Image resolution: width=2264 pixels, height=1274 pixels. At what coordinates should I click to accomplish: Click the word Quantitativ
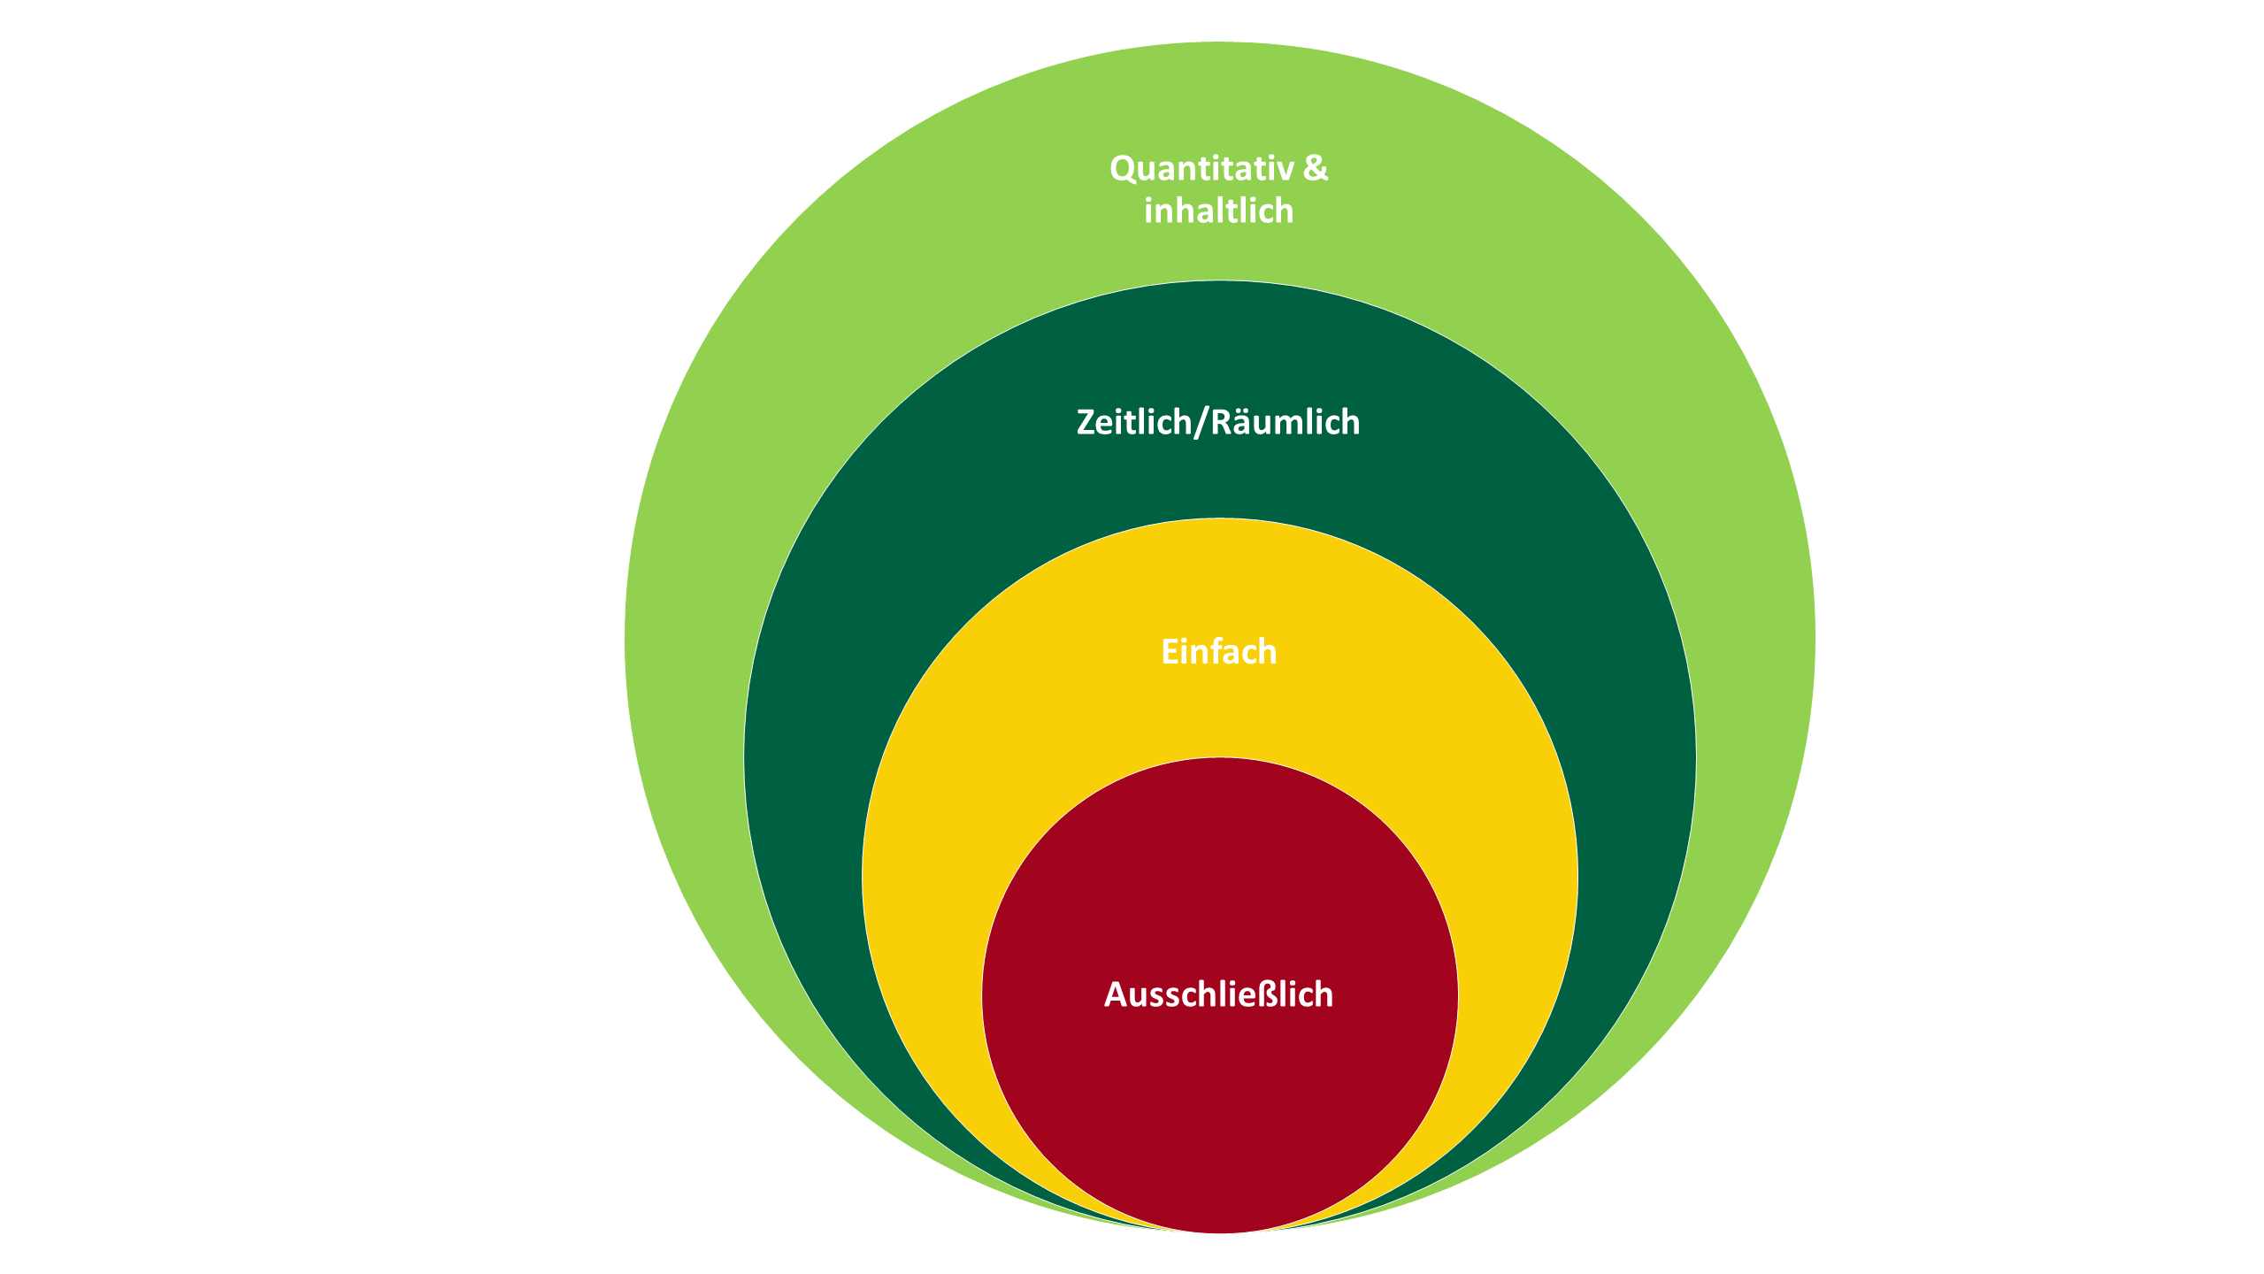[1201, 168]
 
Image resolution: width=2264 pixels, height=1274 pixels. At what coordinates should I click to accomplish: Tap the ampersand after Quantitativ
[1316, 168]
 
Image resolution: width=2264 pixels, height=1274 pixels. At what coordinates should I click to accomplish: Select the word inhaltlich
[1218, 211]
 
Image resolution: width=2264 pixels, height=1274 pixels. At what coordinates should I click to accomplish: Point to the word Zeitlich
[1133, 423]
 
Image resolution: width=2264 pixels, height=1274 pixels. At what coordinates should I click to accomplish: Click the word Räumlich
[1285, 423]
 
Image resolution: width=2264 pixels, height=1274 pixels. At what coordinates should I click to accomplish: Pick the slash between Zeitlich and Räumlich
[1201, 423]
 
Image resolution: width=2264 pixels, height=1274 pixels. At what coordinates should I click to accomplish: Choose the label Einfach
[1218, 652]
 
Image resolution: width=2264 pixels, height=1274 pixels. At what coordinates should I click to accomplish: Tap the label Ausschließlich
[1218, 994]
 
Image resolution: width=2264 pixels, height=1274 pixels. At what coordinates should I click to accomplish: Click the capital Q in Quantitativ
[1123, 169]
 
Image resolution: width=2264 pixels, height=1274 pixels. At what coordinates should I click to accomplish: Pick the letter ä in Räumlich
[1243, 423]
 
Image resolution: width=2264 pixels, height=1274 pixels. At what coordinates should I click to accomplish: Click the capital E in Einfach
[1170, 652]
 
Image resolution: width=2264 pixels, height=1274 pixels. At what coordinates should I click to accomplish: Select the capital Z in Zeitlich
[1086, 423]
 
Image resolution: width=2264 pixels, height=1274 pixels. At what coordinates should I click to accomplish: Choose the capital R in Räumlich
[1222, 423]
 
